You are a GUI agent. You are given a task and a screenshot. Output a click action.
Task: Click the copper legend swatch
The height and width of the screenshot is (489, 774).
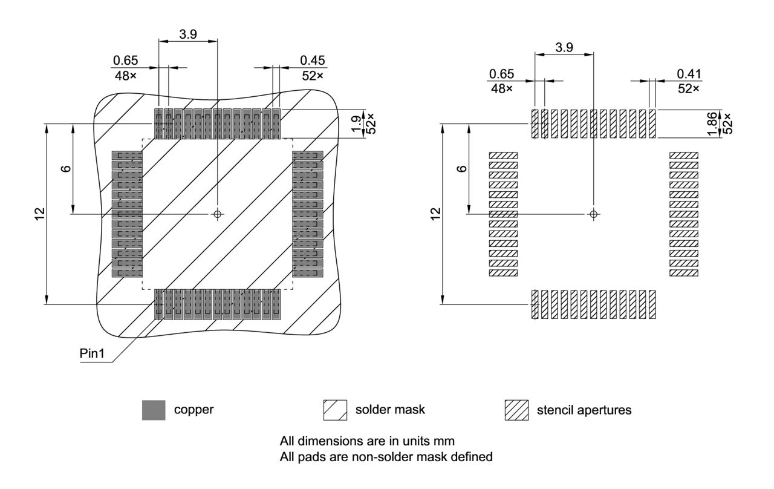point(154,410)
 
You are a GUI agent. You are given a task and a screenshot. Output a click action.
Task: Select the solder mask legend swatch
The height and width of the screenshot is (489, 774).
point(336,410)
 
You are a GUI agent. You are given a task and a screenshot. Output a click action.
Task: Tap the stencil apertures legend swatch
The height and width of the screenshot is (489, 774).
point(516,410)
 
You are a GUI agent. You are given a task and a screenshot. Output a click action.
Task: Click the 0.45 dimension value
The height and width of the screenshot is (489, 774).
point(313,60)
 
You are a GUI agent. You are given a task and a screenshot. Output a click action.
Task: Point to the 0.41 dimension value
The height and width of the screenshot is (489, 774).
point(689,73)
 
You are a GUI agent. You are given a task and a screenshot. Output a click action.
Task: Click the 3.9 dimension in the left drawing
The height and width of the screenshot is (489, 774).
point(188,34)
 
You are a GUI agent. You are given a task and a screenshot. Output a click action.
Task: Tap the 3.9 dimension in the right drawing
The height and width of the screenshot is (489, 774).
point(564,47)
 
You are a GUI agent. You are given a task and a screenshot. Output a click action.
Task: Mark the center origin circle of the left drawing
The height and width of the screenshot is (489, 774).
point(218,214)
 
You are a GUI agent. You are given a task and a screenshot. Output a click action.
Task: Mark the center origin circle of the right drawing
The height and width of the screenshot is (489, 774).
point(594,214)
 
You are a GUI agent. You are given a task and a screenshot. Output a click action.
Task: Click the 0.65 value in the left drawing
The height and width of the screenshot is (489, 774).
point(125,60)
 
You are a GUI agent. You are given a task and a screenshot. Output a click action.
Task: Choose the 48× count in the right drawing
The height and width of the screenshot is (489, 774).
point(501,88)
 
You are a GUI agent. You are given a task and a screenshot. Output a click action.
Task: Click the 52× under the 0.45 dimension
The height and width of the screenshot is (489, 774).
point(313,76)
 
